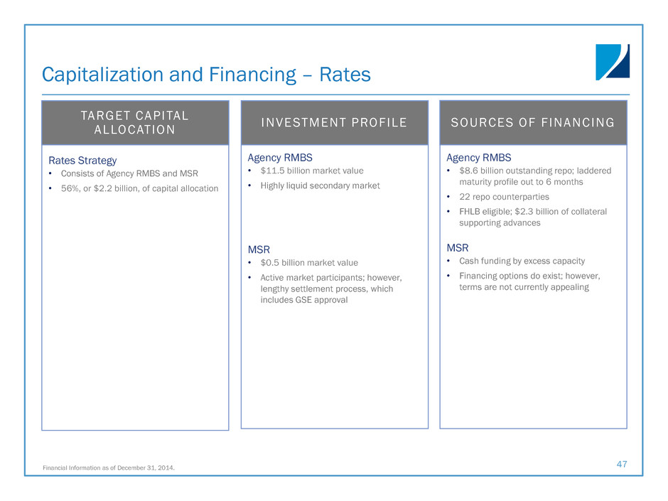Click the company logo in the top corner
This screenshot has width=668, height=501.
(612, 62)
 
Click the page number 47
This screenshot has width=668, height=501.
(622, 464)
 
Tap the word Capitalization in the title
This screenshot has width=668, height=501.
(102, 75)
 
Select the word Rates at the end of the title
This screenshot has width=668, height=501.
(345, 75)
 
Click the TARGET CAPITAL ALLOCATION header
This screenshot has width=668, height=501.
(134, 123)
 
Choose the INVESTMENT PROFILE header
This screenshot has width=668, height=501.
(334, 123)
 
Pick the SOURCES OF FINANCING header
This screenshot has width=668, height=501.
(532, 123)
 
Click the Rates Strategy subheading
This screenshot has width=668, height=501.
(82, 161)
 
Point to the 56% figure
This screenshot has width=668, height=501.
(70, 188)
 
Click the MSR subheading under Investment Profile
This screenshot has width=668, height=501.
(259, 249)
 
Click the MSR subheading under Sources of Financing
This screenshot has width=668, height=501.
(458, 248)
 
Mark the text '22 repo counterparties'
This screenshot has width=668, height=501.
(504, 197)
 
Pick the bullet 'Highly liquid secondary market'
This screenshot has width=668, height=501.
(320, 185)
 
